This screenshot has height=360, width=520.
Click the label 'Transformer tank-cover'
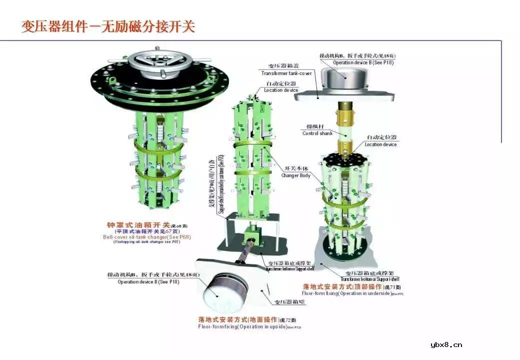pyautogui.click(x=286, y=73)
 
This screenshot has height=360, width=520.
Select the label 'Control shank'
pyautogui.click(x=317, y=133)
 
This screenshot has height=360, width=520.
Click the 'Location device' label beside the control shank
pyautogui.click(x=380, y=144)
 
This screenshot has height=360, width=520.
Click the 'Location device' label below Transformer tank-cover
pyautogui.click(x=281, y=90)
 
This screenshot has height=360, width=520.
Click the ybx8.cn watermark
pyautogui.click(x=446, y=344)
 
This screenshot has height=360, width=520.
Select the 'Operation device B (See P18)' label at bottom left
pyautogui.click(x=148, y=282)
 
